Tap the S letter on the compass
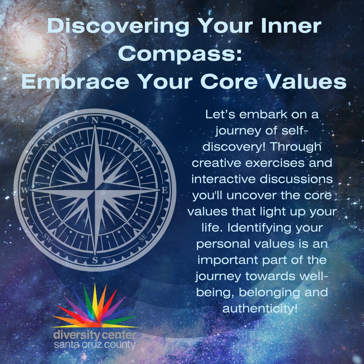pos(95,260)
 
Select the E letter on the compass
pos(165,190)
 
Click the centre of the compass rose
pos(95,190)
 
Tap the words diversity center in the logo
pos(95,335)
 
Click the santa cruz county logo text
pos(95,345)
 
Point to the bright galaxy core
pos(32,44)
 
